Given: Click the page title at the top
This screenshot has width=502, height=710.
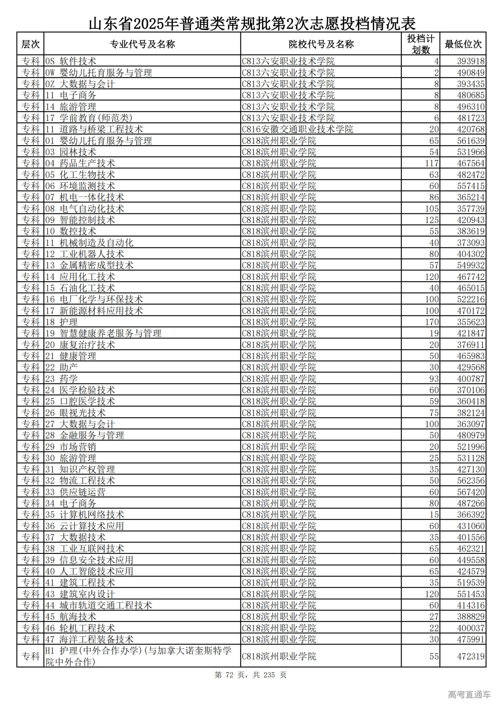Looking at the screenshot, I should coord(252,24).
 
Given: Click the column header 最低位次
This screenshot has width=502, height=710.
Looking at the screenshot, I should coord(463,44).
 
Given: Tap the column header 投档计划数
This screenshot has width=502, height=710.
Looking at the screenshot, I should coord(420,44).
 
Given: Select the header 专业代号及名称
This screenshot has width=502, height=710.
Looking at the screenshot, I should coord(142,44).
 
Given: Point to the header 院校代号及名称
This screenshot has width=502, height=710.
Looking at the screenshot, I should coord(321,44).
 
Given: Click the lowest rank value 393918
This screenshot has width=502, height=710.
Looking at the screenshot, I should coord(471,61).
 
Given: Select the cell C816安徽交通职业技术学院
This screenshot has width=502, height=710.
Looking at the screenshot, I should coord(297,129).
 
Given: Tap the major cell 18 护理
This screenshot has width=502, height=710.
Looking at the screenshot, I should coord(61,322).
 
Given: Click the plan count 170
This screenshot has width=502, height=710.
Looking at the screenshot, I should coord(432,322).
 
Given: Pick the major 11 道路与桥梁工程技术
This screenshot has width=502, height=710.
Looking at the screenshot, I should coord(94,129).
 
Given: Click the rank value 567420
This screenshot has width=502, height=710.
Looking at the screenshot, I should coord(471,492).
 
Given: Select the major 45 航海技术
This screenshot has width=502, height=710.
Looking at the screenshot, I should coord(71,617).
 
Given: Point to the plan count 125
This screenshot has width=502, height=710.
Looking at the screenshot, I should coord(432,220).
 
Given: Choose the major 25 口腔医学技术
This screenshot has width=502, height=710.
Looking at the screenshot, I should coord(80,401).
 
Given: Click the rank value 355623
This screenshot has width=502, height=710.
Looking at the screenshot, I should coord(471,322).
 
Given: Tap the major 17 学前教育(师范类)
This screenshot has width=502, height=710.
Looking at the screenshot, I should coord(89,118).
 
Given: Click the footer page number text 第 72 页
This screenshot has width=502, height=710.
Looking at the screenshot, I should coord(230,675).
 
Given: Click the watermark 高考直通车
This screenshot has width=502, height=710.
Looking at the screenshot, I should coord(469,694).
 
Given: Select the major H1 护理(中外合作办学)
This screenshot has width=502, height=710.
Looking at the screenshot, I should coord(138,650).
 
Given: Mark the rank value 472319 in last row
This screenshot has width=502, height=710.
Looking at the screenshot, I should coord(471,656).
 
